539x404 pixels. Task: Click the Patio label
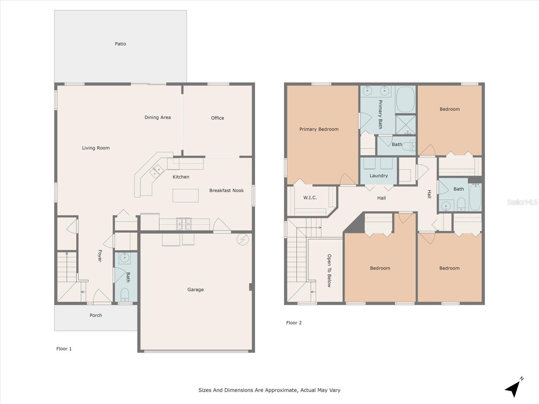tap(120, 44)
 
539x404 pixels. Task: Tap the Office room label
tap(217, 118)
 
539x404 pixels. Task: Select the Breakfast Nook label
tap(226, 191)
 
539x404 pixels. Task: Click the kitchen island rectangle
tap(185, 196)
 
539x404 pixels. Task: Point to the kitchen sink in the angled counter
tap(157, 171)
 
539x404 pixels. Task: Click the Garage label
tap(195, 290)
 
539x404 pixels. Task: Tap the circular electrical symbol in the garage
tap(243, 239)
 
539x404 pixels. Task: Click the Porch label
tap(96, 315)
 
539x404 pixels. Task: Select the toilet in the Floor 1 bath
tap(125, 295)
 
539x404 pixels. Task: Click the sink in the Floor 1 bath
tap(125, 258)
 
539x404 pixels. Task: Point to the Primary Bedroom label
tap(319, 129)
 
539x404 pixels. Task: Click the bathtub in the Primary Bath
tap(405, 100)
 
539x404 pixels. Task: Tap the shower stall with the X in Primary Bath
tap(406, 125)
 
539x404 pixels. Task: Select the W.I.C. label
tap(310, 198)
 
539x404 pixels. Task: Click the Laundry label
tap(379, 176)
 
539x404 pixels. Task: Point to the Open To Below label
tap(329, 271)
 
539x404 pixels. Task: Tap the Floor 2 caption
tap(294, 323)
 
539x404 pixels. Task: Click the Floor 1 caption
tap(64, 349)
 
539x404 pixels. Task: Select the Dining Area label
tap(157, 117)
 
